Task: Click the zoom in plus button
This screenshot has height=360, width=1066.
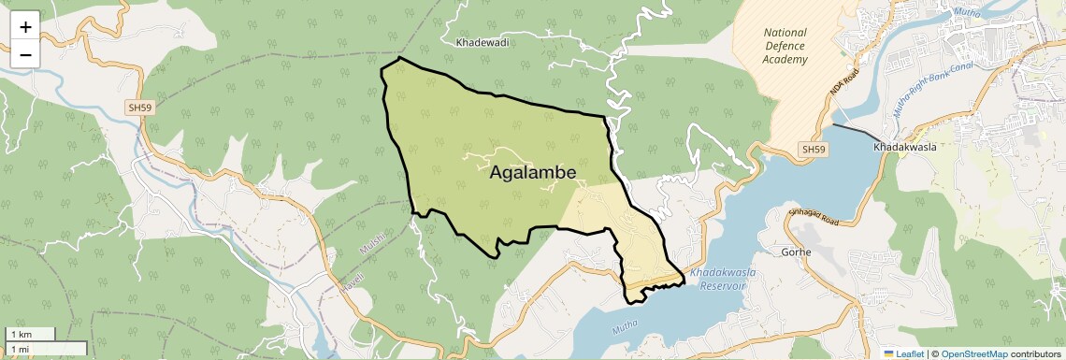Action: click(x=25, y=27)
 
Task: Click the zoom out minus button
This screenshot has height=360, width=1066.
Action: click(x=25, y=54)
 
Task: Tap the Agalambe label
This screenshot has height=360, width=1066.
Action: click(x=533, y=173)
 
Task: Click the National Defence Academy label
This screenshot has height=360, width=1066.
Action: click(x=785, y=46)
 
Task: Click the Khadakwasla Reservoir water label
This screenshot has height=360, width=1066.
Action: click(x=720, y=278)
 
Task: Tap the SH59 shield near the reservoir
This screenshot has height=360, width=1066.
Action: click(x=814, y=150)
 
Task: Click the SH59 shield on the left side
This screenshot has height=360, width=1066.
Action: click(x=140, y=108)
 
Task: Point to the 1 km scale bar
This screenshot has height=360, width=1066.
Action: click(x=30, y=334)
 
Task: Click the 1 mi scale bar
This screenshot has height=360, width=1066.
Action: click(x=37, y=349)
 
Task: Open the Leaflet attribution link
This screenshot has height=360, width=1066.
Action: click(x=904, y=353)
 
